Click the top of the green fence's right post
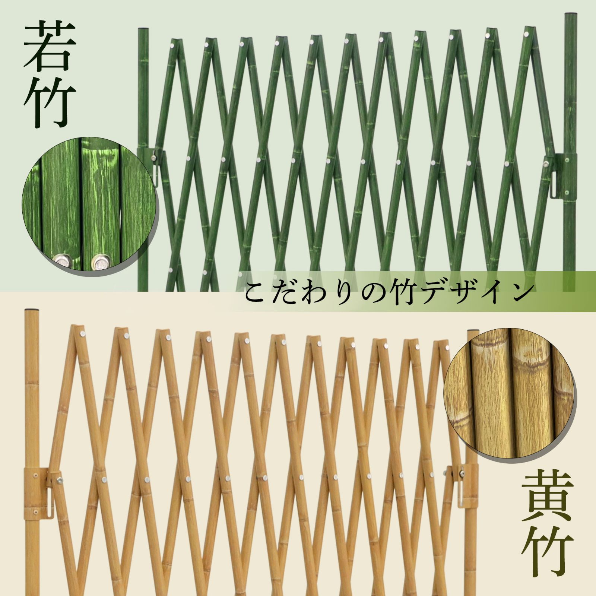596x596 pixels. (x=570, y=15)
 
